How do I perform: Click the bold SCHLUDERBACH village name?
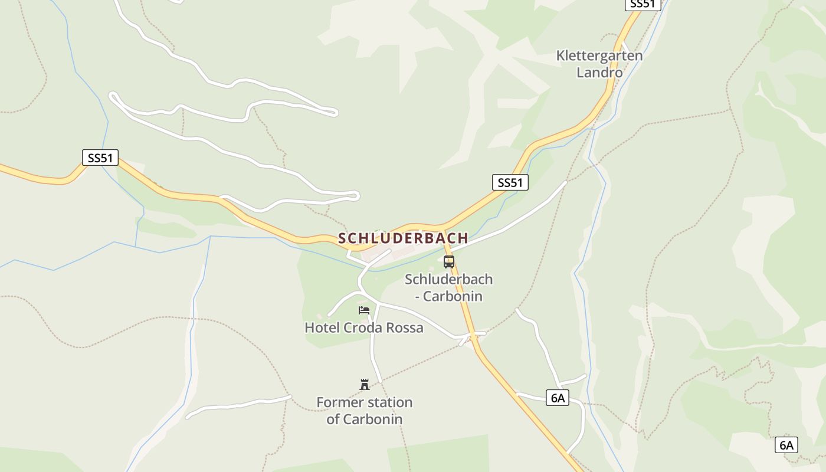point(403,238)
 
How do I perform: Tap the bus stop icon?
point(449,262)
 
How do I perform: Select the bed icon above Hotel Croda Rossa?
point(364,310)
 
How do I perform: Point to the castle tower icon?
point(365,385)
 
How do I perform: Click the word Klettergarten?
point(599,56)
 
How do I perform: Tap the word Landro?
point(599,73)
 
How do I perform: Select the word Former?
point(337,402)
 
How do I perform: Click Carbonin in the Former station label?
point(373,419)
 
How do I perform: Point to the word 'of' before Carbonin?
point(333,419)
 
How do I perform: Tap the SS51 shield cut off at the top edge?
point(643,4)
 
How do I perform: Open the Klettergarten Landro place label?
point(599,64)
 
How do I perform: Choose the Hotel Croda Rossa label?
point(364,327)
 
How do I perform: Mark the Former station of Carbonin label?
point(365,411)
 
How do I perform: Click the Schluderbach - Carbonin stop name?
point(448,287)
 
